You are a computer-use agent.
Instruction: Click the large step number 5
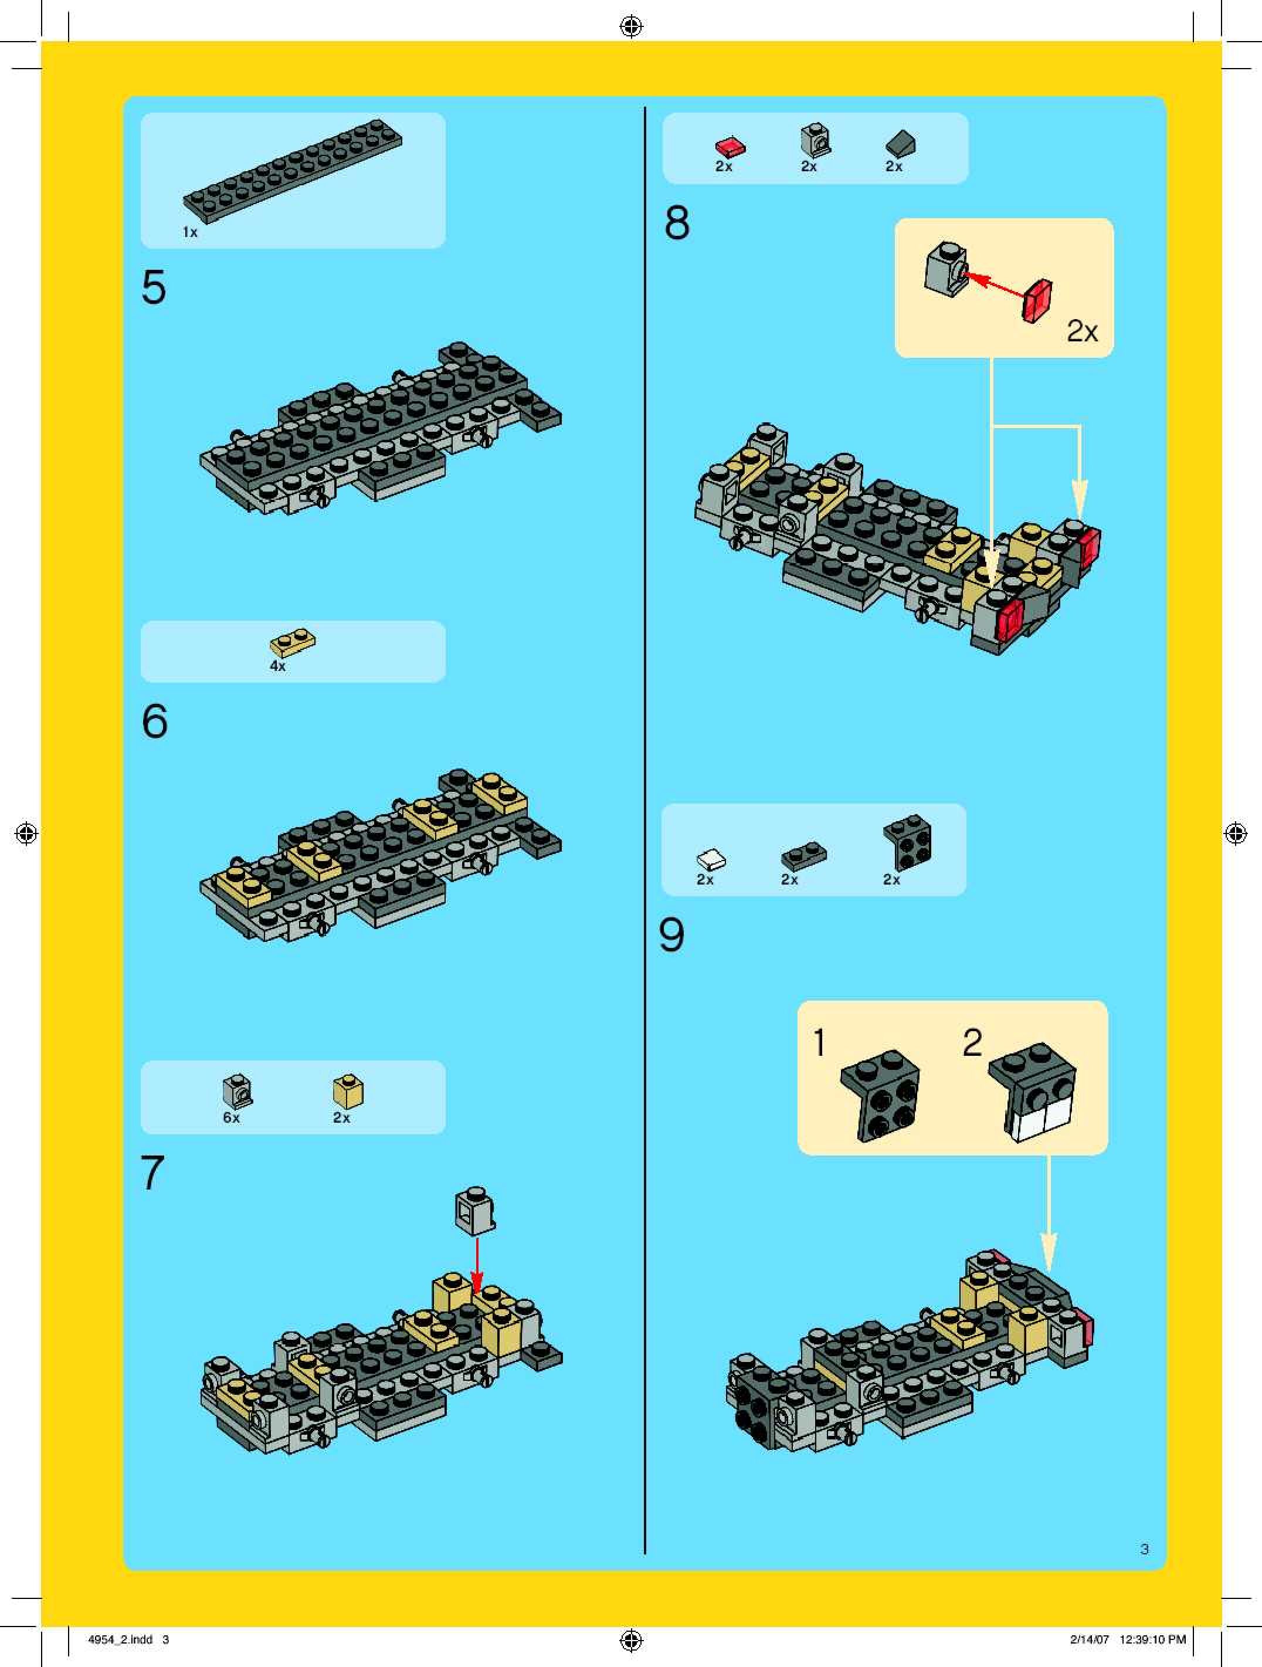(x=154, y=287)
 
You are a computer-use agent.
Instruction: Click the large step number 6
(x=154, y=721)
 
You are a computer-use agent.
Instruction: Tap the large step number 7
(x=153, y=1173)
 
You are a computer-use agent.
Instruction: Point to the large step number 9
(x=671, y=934)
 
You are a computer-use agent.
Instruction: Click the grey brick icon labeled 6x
(x=238, y=1090)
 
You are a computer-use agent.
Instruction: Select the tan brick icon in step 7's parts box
(x=348, y=1091)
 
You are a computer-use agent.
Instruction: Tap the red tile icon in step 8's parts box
(x=730, y=146)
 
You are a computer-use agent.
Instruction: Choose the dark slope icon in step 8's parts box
(x=901, y=144)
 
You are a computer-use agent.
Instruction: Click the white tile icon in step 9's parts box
(x=711, y=860)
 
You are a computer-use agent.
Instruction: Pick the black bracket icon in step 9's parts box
(x=907, y=842)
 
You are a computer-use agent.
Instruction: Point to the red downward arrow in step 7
(x=476, y=1265)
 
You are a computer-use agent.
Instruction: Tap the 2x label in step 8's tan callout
(x=1082, y=331)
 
